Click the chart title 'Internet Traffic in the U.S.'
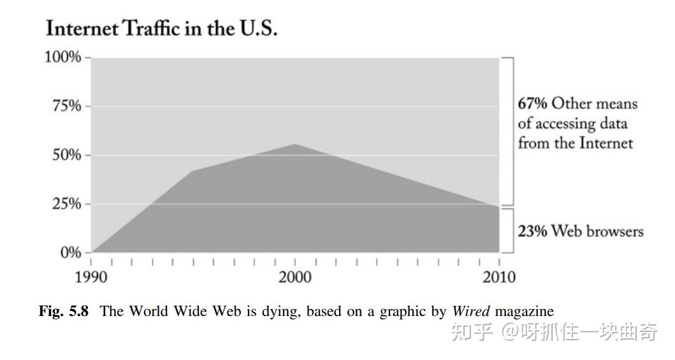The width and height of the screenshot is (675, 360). coord(161,29)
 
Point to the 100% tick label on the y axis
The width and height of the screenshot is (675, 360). coord(62,57)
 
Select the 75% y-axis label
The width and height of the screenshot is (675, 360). coord(66,106)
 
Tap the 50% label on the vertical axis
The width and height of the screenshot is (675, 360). coord(66,155)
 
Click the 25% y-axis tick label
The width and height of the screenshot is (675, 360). coord(66,204)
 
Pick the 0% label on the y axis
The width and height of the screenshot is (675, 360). coord(71,252)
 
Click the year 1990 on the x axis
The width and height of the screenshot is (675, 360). coord(92,277)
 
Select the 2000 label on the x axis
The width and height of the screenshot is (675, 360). coord(295,277)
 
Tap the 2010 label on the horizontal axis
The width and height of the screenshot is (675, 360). coord(498,277)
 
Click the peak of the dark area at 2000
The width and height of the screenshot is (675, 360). coord(295,145)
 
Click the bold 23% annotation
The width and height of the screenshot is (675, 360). coord(532,231)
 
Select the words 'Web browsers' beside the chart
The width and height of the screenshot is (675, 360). coord(597,231)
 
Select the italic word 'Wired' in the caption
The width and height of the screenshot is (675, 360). coord(471,312)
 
